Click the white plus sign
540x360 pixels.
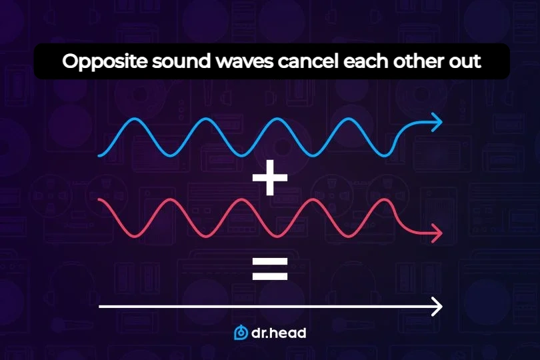(x=269, y=180)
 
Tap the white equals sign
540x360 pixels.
(x=269, y=268)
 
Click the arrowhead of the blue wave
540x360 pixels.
(x=437, y=121)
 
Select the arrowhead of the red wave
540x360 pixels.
(x=437, y=233)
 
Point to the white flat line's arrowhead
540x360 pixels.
(x=437, y=307)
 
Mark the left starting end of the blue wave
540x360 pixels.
(x=99, y=155)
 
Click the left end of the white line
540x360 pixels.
(x=99, y=307)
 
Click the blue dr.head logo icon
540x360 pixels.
(x=241, y=332)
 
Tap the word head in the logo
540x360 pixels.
(x=287, y=332)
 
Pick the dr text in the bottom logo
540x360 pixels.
(x=259, y=332)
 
